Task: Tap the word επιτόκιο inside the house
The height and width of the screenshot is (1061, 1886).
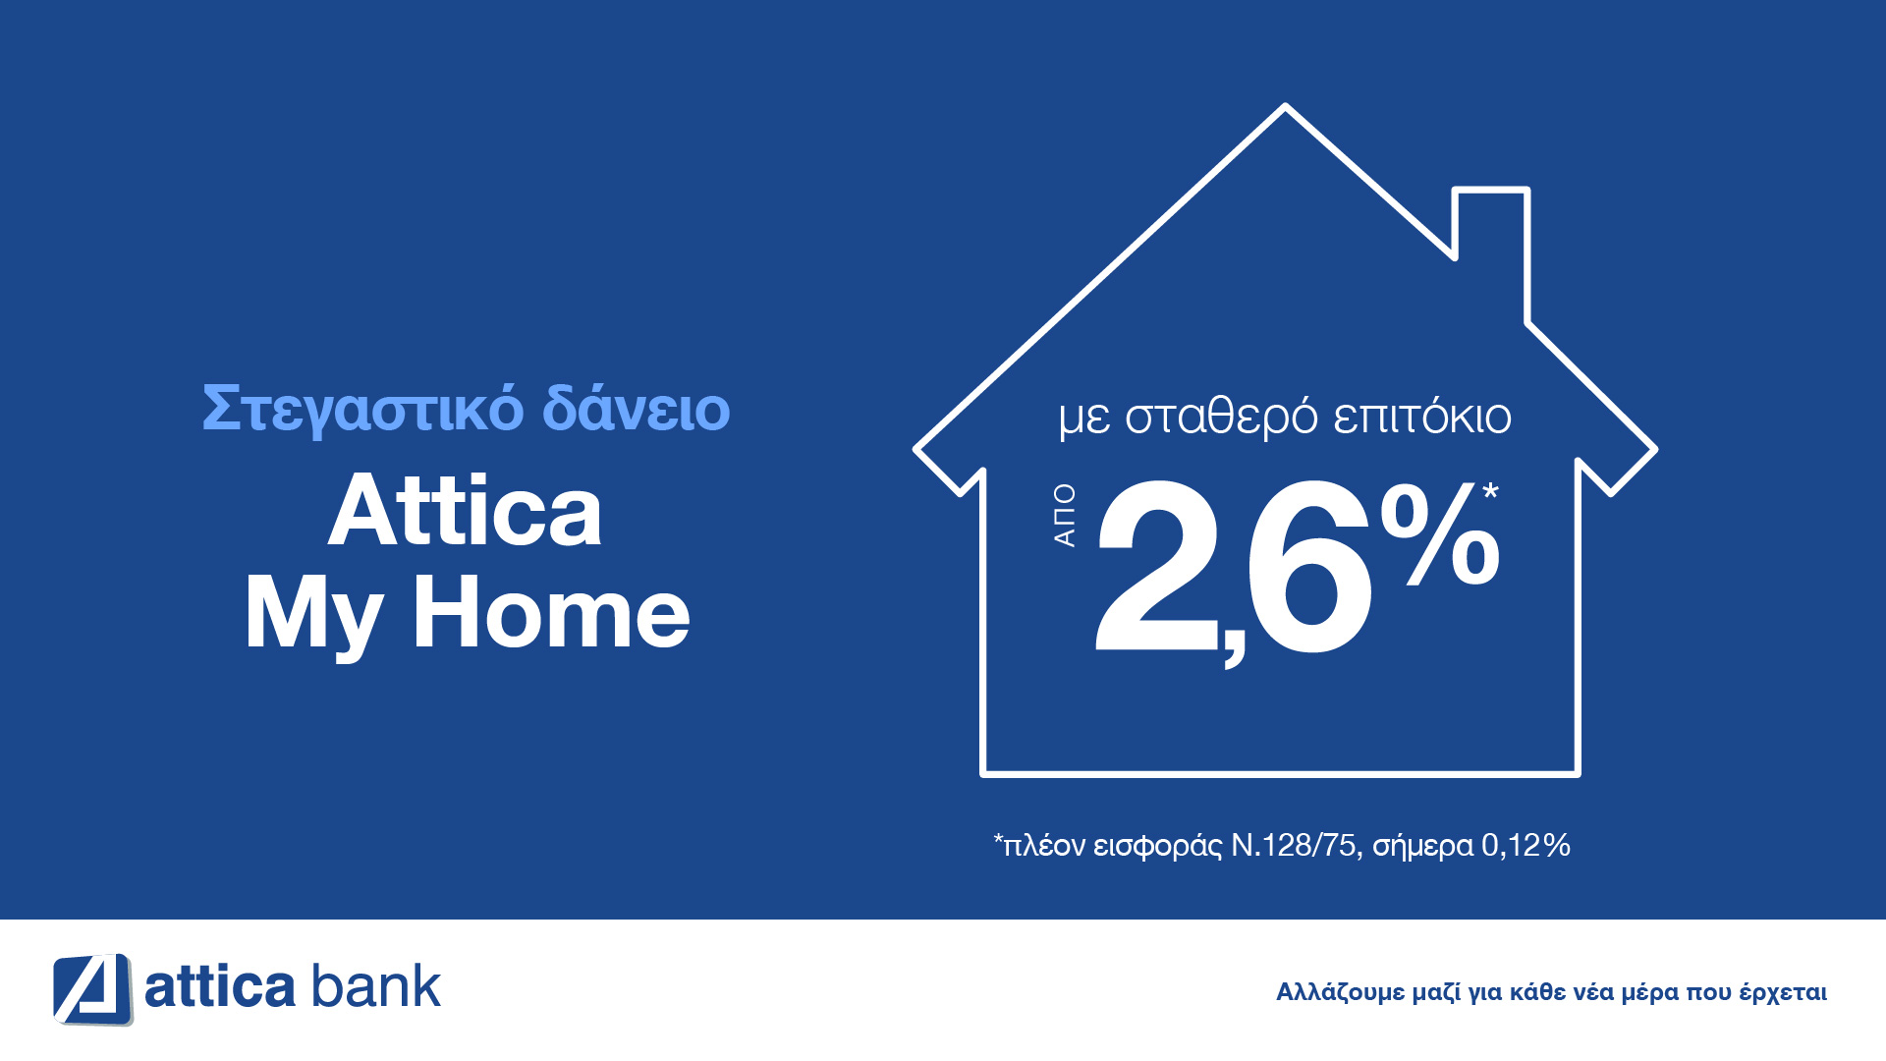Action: pos(1422,418)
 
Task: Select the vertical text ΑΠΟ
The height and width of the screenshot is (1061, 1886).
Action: pos(1065,515)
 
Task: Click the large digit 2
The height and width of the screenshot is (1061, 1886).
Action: pos(1156,565)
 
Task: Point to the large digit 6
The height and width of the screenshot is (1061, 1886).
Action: pos(1306,567)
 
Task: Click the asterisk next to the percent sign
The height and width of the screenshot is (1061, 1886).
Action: pos(1491,490)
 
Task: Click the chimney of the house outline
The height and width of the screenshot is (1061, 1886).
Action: pos(1491,190)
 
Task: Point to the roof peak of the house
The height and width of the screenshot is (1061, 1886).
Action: pos(1285,107)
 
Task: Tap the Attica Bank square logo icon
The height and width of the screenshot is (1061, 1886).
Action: pos(92,989)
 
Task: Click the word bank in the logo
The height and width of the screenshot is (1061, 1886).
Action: pos(376,986)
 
